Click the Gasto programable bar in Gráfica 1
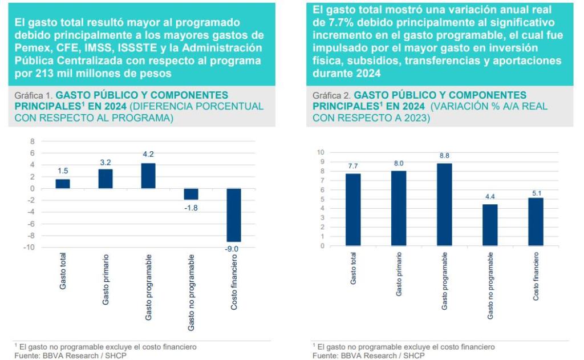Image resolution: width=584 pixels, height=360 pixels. [x=148, y=176]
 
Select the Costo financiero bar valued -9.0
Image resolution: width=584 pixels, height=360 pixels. [x=234, y=215]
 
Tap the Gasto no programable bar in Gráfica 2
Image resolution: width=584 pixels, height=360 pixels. [x=490, y=225]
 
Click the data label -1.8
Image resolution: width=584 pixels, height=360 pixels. [x=191, y=208]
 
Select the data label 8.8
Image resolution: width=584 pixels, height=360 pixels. [x=445, y=155]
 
